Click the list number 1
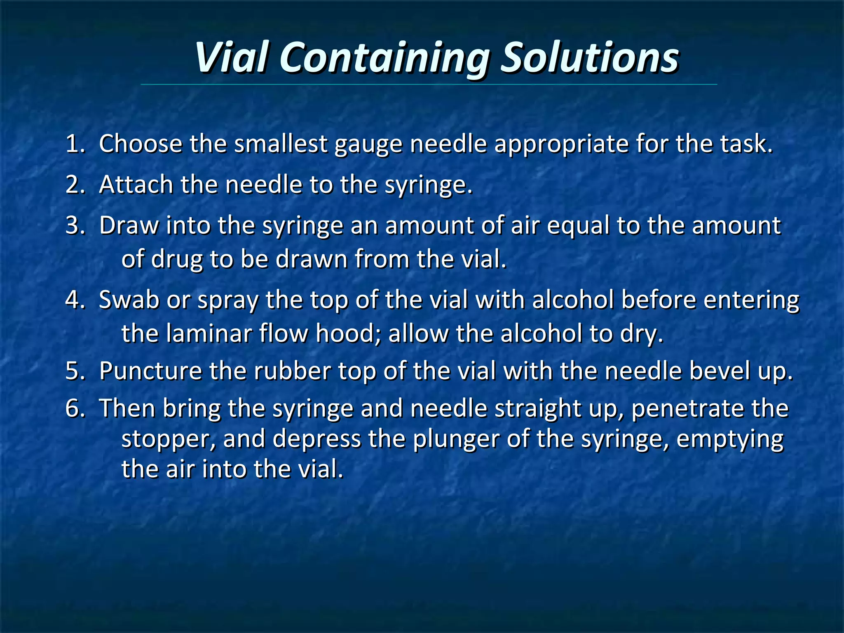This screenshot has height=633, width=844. [75, 144]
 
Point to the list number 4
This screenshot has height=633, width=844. [75, 300]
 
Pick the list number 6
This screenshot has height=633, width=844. [75, 408]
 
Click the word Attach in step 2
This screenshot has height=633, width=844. [136, 185]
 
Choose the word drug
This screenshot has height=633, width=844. [177, 260]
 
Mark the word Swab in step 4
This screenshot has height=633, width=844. [129, 300]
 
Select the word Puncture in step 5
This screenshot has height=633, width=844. [150, 371]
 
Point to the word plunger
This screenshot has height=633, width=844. [456, 439]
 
